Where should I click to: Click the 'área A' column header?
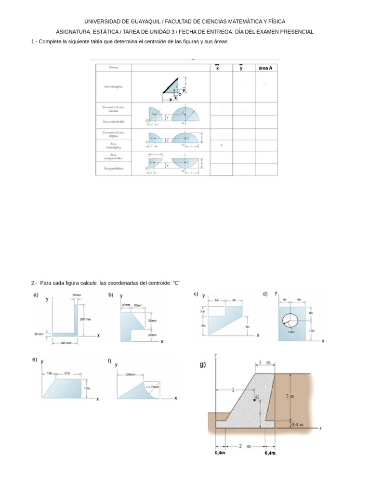[265, 68]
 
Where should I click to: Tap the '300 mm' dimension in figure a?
[85, 319]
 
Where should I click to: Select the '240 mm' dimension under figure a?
[66, 343]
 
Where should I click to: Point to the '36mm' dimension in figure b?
[152, 321]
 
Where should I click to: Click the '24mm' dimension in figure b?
[152, 335]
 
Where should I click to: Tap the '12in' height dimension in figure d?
[312, 330]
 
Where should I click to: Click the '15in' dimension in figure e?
[87, 388]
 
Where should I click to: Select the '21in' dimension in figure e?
[66, 373]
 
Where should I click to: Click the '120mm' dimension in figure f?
[131, 374]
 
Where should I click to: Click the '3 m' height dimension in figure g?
[290, 396]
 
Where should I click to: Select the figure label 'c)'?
[196, 294]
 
